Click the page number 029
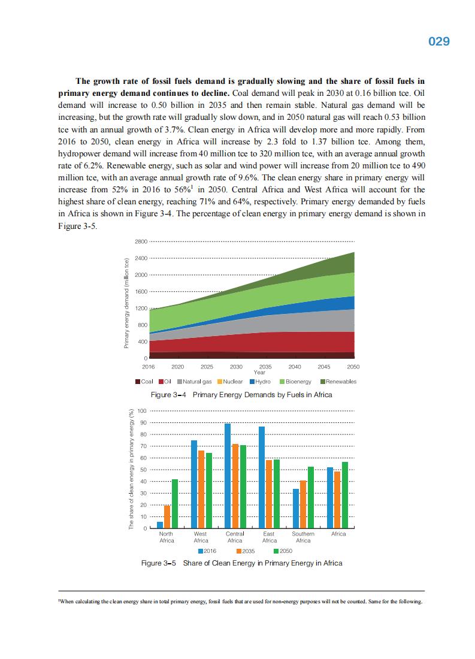(x=438, y=41)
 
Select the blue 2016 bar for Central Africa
(x=228, y=476)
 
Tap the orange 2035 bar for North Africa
(x=167, y=517)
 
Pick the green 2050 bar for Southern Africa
(x=311, y=497)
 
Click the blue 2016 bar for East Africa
(x=262, y=477)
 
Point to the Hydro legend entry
(x=261, y=382)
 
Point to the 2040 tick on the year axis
(x=295, y=366)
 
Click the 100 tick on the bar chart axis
(x=142, y=411)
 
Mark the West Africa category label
(x=201, y=537)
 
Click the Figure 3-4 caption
(x=241, y=395)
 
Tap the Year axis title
(x=259, y=372)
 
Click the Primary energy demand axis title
(x=127, y=304)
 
